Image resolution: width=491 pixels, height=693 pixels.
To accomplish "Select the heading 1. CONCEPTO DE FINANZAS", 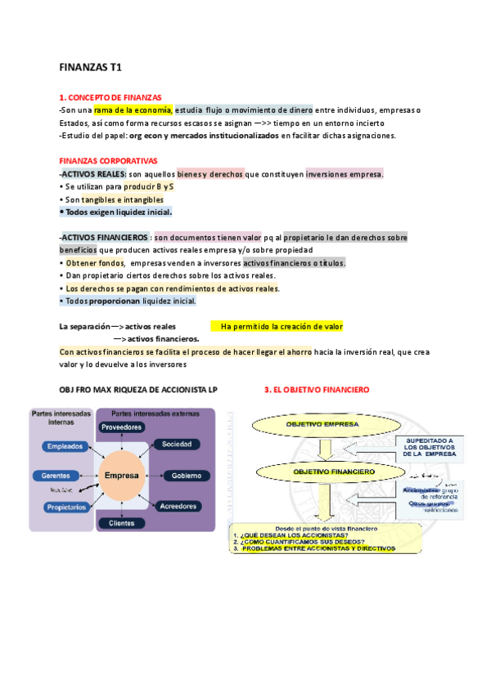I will point(110,97).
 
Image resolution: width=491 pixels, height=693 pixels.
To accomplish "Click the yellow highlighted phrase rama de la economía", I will point(133,110).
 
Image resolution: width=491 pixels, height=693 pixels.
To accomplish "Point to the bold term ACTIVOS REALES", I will point(93,174).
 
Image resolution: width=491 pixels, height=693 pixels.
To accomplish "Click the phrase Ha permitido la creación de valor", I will point(282,326).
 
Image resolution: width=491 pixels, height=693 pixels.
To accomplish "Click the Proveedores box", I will point(121,427).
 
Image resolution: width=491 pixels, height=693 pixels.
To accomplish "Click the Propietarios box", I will point(66,507).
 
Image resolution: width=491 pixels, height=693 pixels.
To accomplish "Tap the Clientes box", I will point(121,523).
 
